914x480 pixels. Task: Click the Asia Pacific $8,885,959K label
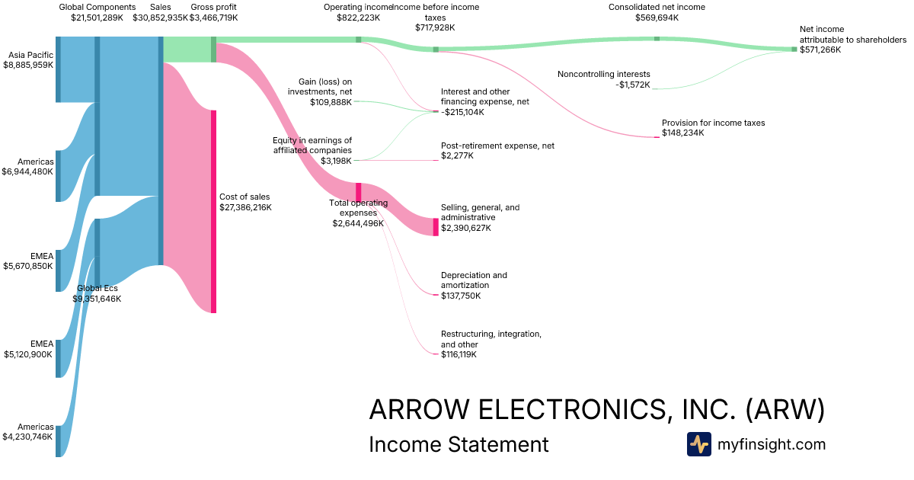[29, 60]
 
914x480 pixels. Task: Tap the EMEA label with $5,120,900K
[29, 349]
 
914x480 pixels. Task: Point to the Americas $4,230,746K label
[29, 432]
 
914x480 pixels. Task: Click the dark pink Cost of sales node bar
[214, 211]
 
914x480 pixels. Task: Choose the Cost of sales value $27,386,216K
[245, 207]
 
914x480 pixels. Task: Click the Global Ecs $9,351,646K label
[97, 293]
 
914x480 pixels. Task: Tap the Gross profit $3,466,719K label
[213, 12]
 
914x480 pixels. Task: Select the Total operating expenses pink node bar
[359, 192]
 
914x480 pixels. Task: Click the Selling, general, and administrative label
[480, 217]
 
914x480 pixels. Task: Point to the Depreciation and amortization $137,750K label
[474, 285]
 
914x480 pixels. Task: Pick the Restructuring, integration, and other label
[491, 344]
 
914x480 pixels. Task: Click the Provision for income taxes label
[713, 127]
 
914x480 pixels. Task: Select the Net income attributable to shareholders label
[852, 40]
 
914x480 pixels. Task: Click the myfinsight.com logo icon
[698, 444]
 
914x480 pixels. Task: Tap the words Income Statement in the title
[459, 444]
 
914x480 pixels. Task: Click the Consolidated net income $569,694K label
[657, 12]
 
